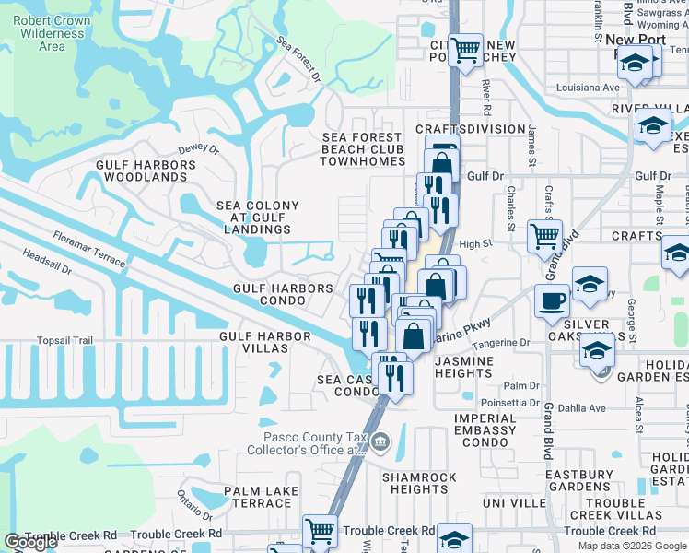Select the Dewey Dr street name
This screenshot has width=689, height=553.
tap(198, 148)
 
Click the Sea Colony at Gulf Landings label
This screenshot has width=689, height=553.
tap(257, 218)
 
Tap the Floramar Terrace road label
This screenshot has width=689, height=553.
tap(89, 250)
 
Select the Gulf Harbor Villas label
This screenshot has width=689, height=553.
tap(264, 336)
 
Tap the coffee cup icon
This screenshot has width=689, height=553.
tap(552, 300)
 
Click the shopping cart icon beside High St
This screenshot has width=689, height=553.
tap(544, 235)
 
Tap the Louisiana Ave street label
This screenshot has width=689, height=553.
tap(588, 88)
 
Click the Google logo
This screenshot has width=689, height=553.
tap(30, 542)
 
